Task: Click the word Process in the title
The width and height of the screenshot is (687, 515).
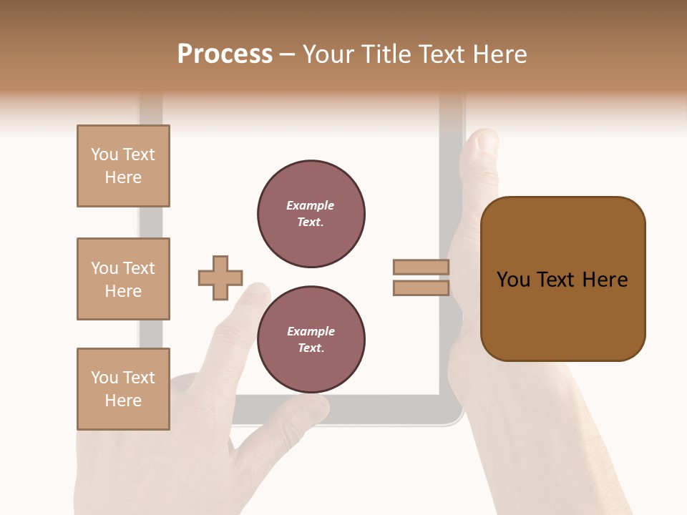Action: pyautogui.click(x=225, y=54)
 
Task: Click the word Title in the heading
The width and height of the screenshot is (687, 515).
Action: pyautogui.click(x=384, y=54)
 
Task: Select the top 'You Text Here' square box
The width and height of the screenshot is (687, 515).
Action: pyautogui.click(x=123, y=166)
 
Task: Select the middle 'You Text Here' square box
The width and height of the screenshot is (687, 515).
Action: pyautogui.click(x=123, y=279)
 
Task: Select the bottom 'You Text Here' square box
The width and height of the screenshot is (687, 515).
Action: pyautogui.click(x=123, y=389)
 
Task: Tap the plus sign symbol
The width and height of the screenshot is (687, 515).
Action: pyautogui.click(x=220, y=278)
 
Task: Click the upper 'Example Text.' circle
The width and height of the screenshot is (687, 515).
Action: pyautogui.click(x=311, y=214)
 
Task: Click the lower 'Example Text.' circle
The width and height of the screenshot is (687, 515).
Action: pyautogui.click(x=311, y=340)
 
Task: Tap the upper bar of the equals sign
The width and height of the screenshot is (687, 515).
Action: pyautogui.click(x=421, y=268)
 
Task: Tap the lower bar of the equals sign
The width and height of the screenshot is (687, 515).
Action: pyautogui.click(x=421, y=288)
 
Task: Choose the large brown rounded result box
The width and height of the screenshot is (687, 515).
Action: pyautogui.click(x=562, y=279)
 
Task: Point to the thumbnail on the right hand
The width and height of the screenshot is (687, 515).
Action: pyautogui.click(x=486, y=143)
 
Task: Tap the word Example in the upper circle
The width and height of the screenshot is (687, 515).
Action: pyautogui.click(x=310, y=205)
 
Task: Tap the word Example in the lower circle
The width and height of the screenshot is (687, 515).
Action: pyautogui.click(x=311, y=331)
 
